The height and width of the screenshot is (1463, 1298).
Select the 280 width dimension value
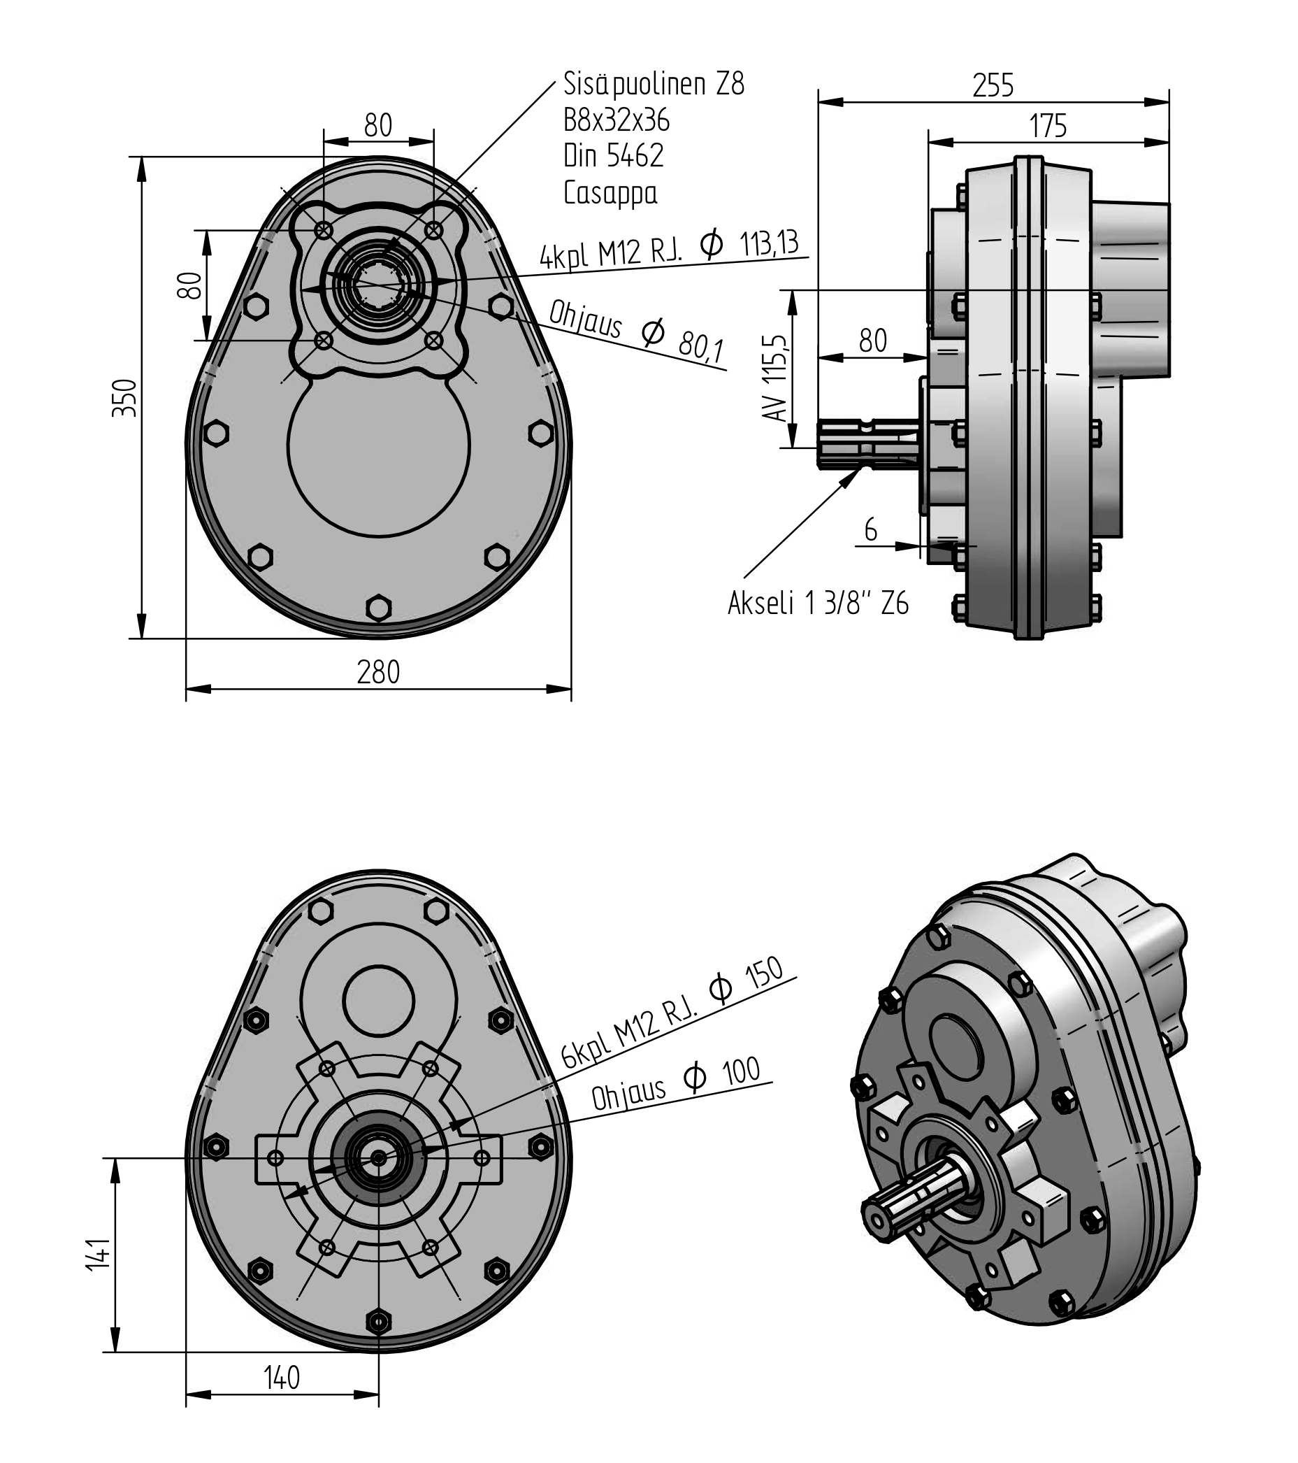tap(378, 672)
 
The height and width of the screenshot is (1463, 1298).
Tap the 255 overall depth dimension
tap(993, 86)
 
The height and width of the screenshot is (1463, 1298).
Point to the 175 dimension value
tap(1048, 127)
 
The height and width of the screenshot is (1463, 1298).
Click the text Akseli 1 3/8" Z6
tap(818, 604)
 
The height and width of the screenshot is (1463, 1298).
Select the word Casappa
tap(610, 192)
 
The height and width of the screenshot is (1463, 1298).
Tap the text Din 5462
tap(613, 156)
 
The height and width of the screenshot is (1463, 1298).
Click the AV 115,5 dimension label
tap(776, 377)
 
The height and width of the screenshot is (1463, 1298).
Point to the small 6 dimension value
tap(870, 529)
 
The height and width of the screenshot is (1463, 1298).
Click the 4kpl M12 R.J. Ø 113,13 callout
tap(668, 248)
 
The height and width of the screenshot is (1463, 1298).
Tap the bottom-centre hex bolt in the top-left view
tap(379, 608)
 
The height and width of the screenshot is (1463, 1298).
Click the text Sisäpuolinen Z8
tap(654, 84)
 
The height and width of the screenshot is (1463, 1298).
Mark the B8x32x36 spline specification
tap(616, 120)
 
